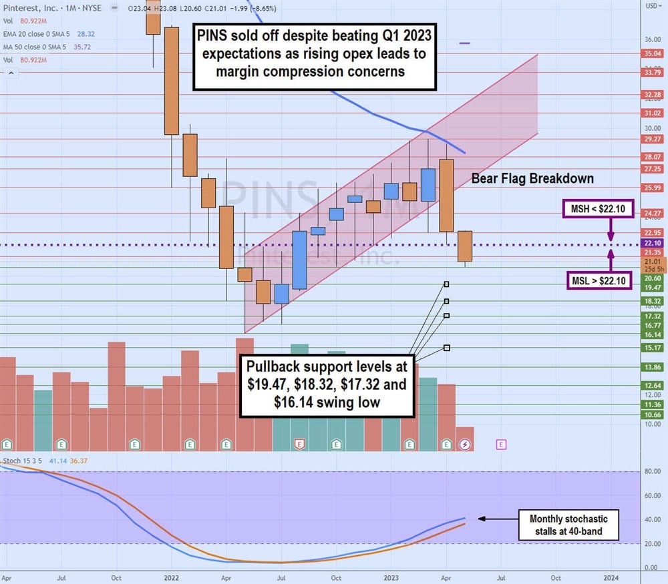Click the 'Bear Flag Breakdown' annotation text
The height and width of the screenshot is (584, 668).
pyautogui.click(x=532, y=178)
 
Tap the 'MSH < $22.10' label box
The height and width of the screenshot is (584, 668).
pyautogui.click(x=597, y=210)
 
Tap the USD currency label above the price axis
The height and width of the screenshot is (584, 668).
pyautogui.click(x=653, y=6)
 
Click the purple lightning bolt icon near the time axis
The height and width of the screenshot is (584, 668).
pyautogui.click(x=466, y=443)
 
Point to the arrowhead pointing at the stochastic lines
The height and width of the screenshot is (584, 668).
pyautogui.click(x=480, y=518)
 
